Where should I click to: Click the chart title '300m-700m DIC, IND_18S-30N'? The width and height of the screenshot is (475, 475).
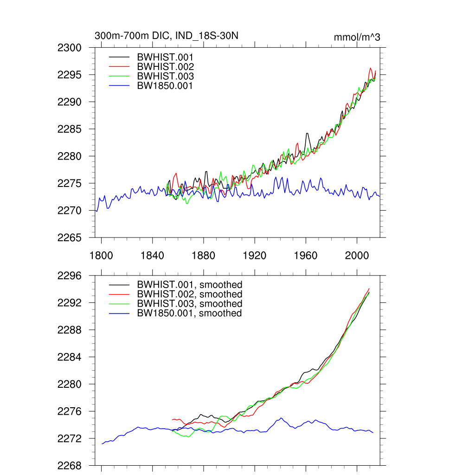point(166,36)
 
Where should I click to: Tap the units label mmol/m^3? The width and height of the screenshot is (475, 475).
point(357,37)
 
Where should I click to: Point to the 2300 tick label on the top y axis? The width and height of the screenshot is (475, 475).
point(70,48)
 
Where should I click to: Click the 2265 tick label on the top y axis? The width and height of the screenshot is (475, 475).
point(70,238)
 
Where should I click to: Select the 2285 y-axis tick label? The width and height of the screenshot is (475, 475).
point(70,129)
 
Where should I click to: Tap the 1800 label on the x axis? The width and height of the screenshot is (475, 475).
point(101,255)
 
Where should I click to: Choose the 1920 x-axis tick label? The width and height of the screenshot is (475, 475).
point(255,255)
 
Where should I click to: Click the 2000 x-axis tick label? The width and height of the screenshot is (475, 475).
point(357,255)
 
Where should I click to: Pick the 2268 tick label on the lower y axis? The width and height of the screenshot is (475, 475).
point(70,466)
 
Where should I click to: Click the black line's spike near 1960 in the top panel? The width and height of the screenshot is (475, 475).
point(307,134)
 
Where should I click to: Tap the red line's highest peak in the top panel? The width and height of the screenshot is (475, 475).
point(371,68)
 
